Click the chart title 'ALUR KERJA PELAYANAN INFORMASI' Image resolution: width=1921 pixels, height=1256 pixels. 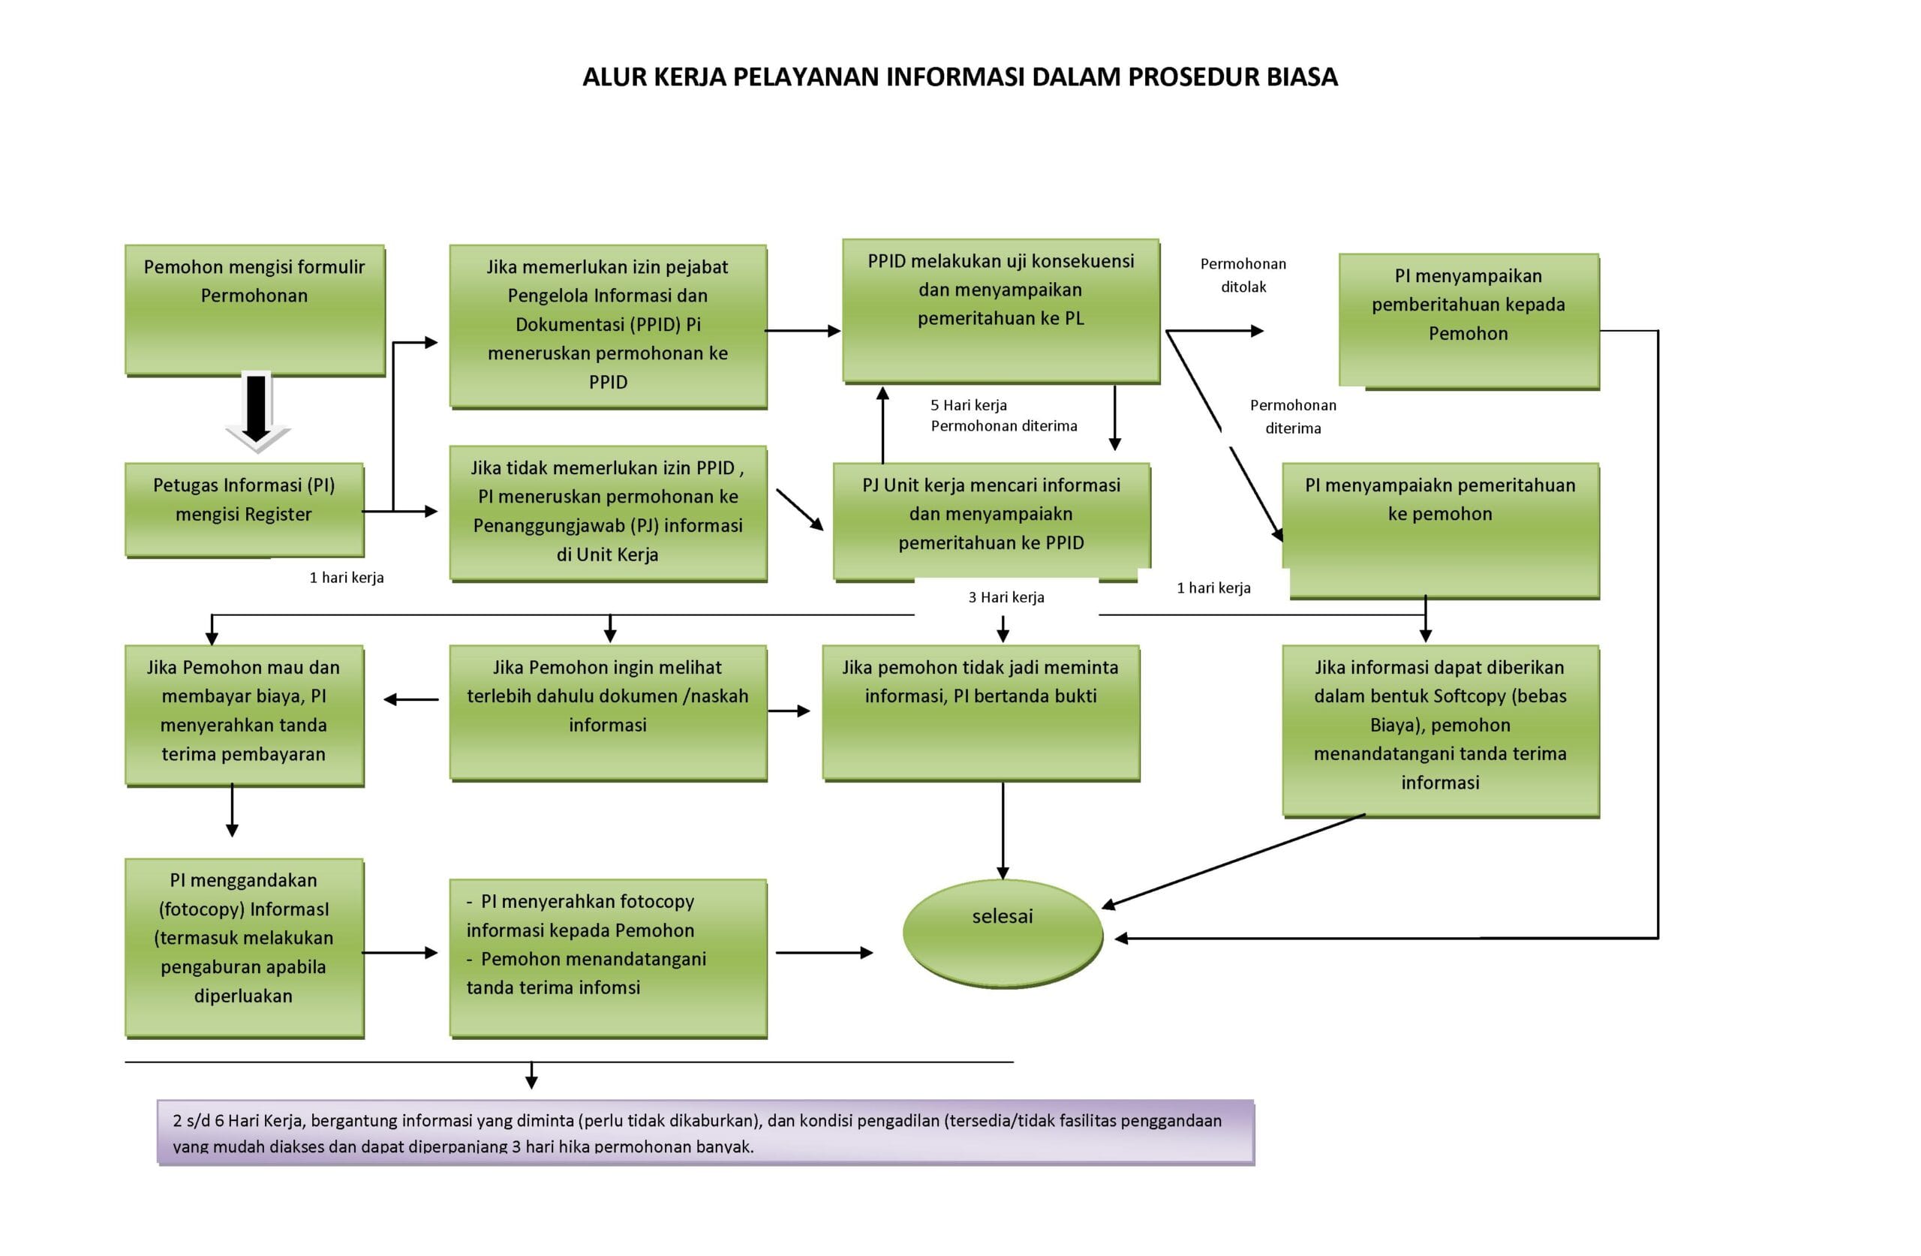(x=804, y=77)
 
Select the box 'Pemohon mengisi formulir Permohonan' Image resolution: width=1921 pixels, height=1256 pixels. (x=255, y=310)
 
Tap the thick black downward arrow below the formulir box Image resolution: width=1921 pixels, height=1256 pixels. (x=257, y=412)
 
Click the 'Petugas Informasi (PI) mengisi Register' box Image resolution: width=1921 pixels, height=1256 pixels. (x=245, y=510)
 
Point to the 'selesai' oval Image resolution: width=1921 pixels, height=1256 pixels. (x=1003, y=934)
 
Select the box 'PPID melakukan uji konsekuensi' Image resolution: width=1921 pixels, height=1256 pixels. (x=1001, y=311)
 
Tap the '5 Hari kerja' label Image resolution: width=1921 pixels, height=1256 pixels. (x=969, y=405)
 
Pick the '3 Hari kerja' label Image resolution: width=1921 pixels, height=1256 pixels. (x=1006, y=597)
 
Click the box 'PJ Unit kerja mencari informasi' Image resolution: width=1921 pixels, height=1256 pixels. (x=991, y=521)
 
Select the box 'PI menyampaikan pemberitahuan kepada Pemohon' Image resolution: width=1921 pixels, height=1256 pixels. (x=1469, y=322)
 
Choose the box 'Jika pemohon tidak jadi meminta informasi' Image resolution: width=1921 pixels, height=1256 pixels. (x=981, y=713)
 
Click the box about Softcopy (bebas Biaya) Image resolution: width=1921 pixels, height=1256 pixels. (x=1441, y=732)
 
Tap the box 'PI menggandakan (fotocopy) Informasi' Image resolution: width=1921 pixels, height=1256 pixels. (x=245, y=948)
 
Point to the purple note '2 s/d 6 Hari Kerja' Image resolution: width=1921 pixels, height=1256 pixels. (x=705, y=1132)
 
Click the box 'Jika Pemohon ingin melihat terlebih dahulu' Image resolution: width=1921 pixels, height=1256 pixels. (x=608, y=713)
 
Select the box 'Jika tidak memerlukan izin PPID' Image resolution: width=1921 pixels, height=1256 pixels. (x=608, y=513)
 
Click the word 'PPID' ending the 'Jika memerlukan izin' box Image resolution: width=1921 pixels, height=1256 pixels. (x=608, y=383)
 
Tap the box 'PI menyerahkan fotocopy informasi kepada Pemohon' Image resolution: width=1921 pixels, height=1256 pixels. (x=608, y=958)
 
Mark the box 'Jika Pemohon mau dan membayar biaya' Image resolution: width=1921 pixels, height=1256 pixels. (x=245, y=715)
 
